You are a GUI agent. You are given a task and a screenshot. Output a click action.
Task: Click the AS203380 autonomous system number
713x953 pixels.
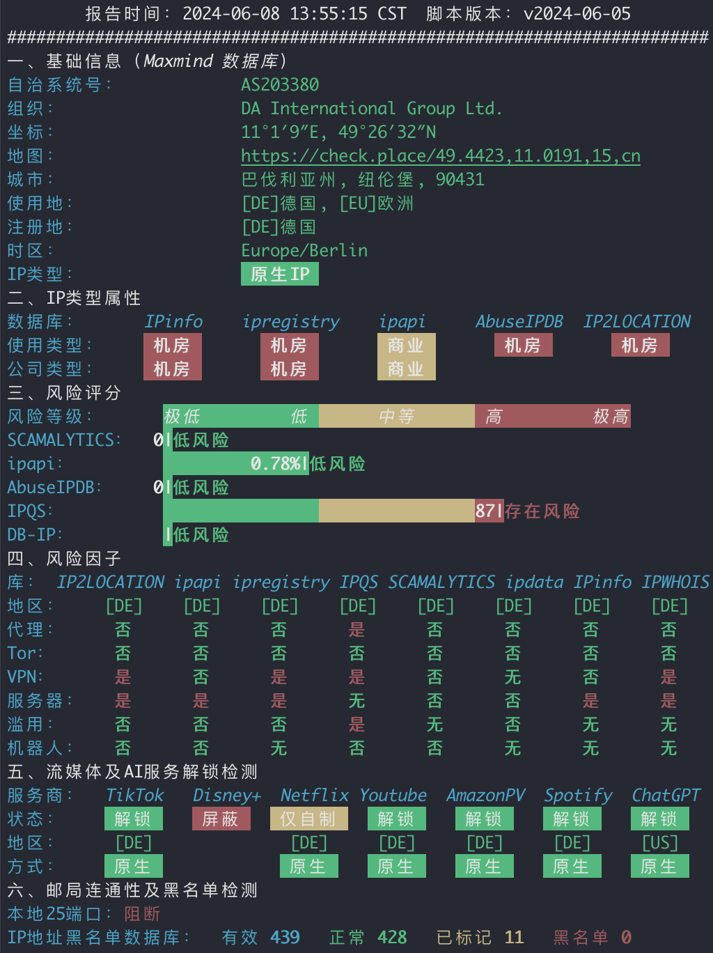coord(280,85)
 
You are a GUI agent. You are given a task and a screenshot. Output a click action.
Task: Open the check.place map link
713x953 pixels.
coord(441,156)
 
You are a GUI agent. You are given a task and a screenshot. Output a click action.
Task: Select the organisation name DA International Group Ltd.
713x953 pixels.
coord(372,109)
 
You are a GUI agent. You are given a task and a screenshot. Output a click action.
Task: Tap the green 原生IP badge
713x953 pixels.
coord(280,274)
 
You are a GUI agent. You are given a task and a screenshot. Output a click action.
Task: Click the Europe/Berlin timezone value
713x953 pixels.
coord(304,251)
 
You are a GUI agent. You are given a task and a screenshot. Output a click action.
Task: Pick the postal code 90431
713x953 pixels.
coord(460,179)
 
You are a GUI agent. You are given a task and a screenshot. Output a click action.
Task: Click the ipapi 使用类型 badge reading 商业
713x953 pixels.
coord(406,345)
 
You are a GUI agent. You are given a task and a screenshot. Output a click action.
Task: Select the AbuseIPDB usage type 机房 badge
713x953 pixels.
coord(524,345)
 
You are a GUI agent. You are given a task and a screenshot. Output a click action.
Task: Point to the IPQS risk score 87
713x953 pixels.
coord(485,511)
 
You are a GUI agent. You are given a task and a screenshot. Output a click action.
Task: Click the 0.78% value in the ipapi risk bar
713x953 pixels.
coord(276,464)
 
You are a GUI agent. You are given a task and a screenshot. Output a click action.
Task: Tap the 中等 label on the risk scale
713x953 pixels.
coord(397,417)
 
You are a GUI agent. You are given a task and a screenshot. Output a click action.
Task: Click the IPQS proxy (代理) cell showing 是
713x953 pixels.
coord(357,630)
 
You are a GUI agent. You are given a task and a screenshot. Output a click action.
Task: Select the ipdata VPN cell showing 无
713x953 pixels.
coord(513,677)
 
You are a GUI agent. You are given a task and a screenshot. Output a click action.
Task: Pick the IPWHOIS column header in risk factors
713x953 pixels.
coord(675,582)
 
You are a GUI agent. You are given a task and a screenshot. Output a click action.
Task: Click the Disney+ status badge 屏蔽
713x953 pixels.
coord(221,819)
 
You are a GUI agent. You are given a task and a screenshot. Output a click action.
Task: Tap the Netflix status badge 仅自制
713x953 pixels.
coord(309,819)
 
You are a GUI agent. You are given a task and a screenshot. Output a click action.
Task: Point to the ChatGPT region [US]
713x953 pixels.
coord(660,843)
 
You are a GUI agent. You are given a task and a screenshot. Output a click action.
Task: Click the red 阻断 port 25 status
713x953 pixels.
coord(142,914)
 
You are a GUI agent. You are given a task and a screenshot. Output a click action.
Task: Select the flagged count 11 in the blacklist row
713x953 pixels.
coord(515,938)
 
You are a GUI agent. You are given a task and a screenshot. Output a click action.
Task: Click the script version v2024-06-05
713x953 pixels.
coord(577,14)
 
